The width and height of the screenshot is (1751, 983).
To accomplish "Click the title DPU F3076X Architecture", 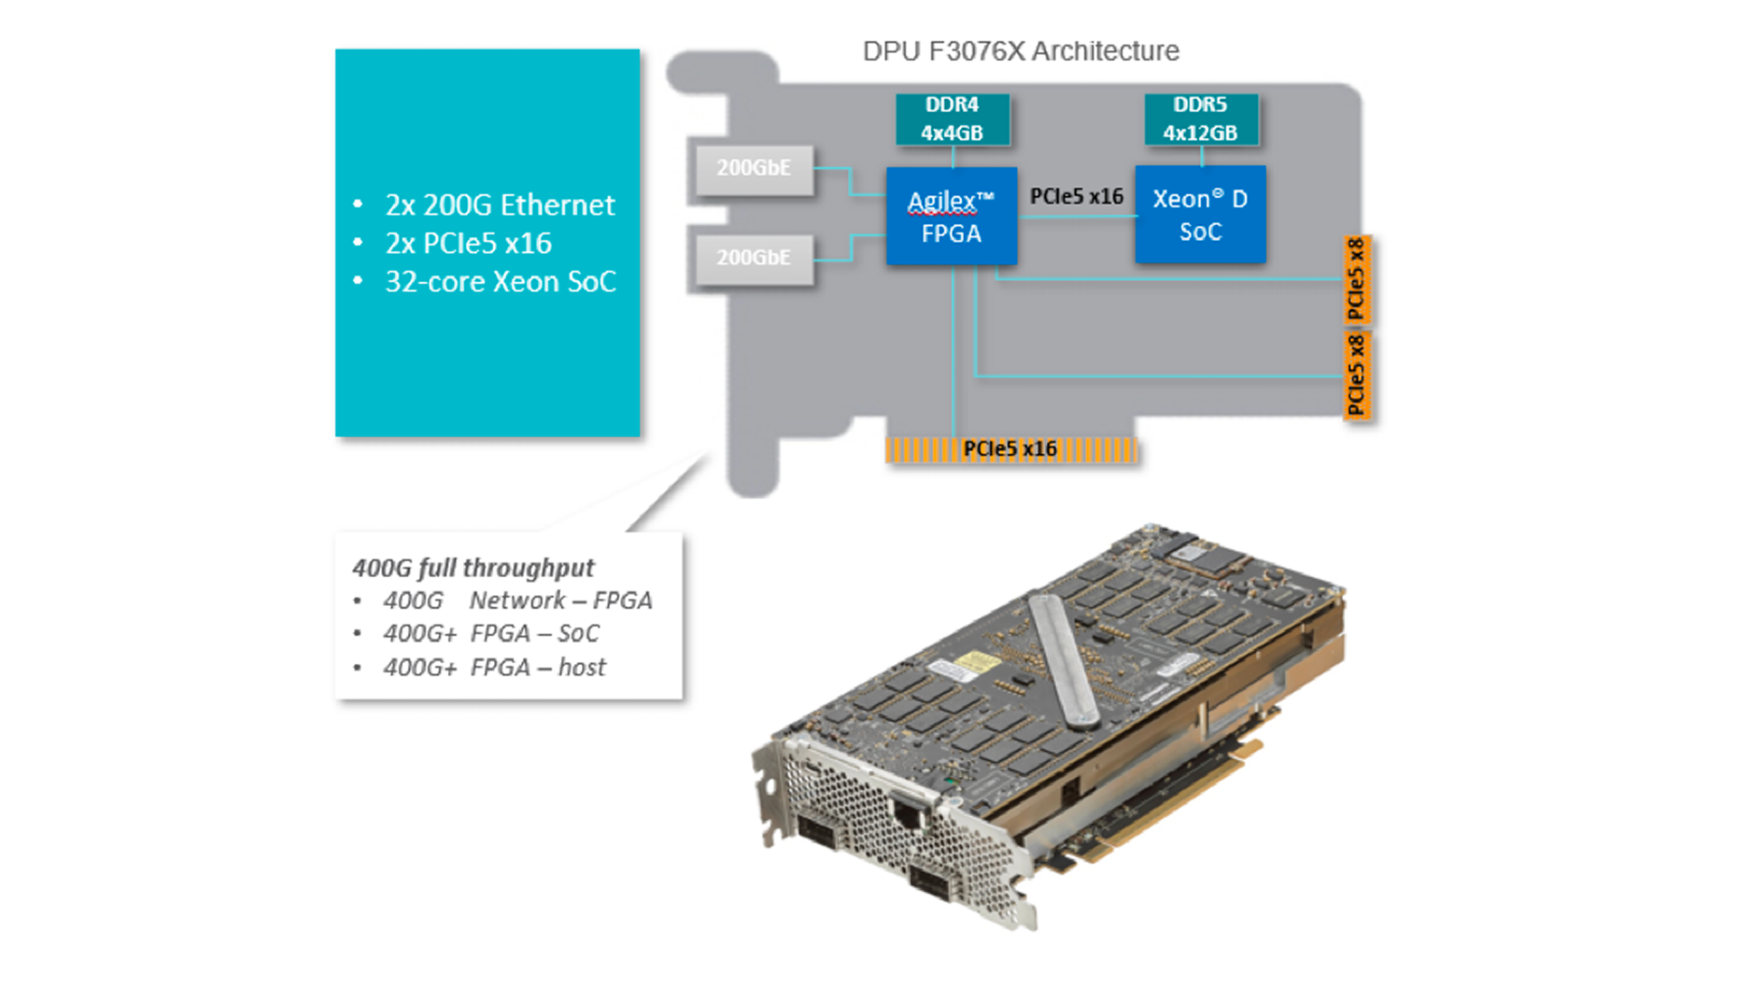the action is tap(1021, 51).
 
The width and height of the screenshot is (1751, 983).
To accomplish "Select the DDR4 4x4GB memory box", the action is tap(952, 119).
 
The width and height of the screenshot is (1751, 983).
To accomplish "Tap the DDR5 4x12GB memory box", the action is tap(1200, 119).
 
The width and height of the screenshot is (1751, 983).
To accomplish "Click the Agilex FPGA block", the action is tap(951, 216).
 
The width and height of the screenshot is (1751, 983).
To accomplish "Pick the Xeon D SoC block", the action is tap(1200, 215).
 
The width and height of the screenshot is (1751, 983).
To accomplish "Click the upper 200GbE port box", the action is tap(753, 170).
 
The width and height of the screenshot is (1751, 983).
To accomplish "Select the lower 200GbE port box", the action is tap(753, 259).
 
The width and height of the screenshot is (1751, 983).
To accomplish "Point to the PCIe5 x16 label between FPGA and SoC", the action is tap(1076, 196).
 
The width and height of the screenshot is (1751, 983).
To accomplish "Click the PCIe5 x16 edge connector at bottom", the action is tap(1010, 450).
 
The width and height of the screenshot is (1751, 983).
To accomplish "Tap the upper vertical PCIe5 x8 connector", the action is tap(1357, 280).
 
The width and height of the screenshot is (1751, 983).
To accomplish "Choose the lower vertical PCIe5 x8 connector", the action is tap(1357, 375).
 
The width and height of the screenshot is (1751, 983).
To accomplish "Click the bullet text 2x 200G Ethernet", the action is tap(500, 205).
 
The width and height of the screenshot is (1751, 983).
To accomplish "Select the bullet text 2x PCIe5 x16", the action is tap(468, 243).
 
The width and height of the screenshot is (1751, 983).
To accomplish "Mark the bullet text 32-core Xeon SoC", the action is tap(500, 282).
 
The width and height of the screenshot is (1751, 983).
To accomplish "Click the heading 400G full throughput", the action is tap(473, 568).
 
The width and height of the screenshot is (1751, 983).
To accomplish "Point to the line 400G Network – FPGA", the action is tap(517, 601).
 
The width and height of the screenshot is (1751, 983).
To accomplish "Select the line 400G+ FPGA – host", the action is tap(494, 667).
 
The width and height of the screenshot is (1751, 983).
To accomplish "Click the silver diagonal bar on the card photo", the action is tap(1062, 660).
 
